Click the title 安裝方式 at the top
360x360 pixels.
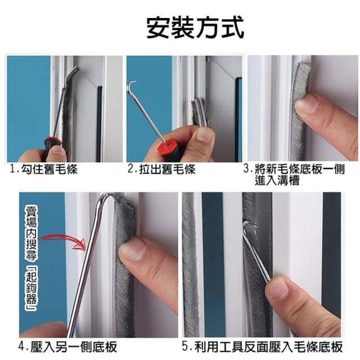[x=195, y=28]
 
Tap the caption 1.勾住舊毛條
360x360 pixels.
[x=44, y=169]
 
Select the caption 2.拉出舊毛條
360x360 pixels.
[x=161, y=169]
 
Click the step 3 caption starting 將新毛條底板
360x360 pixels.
[x=294, y=175]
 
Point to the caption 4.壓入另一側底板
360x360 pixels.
[x=67, y=347]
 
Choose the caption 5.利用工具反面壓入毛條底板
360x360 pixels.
[x=263, y=346]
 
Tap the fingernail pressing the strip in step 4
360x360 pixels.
[x=133, y=251]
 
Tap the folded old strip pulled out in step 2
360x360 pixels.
[x=199, y=112]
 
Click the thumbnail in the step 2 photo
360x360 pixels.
[x=203, y=135]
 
